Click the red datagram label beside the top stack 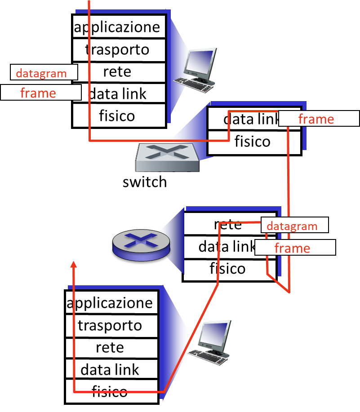coord(41,73)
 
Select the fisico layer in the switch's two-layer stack coord(253,142)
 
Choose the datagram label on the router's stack coord(293,226)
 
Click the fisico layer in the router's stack coord(228,269)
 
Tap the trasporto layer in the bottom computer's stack coord(111,325)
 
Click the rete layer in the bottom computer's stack coord(111,347)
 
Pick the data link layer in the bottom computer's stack coord(111,370)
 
